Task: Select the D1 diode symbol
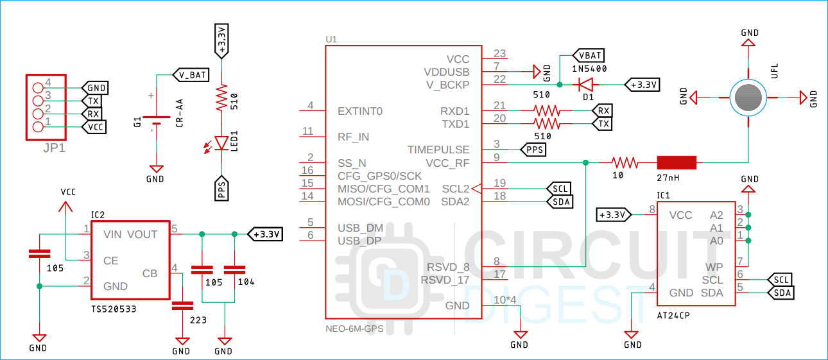(584, 85)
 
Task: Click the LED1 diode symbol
(221, 142)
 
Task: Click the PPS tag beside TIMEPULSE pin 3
(533, 150)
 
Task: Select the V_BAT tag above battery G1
(191, 75)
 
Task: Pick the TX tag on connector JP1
(93, 101)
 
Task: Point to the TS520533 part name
(114, 309)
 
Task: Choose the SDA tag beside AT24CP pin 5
(781, 293)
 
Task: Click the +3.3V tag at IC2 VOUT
(265, 234)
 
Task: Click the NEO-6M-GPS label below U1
(354, 329)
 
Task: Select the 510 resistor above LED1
(221, 98)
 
